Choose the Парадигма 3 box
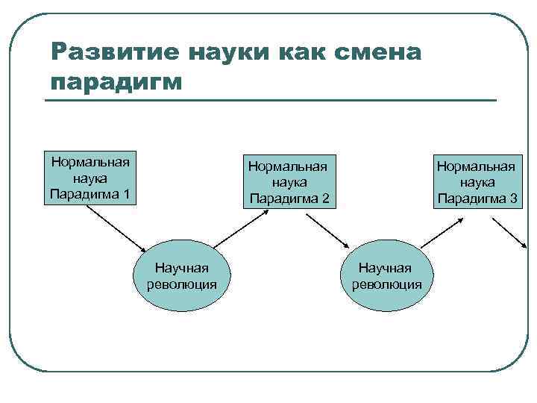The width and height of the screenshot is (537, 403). [477, 181]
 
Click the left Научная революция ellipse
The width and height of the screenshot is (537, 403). [181, 275]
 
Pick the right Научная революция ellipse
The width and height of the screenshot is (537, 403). [386, 275]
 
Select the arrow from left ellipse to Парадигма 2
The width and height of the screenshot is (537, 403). [240, 227]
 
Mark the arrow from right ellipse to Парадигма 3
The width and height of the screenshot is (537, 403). [443, 228]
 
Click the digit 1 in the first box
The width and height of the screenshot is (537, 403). [126, 195]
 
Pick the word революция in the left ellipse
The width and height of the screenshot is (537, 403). [181, 284]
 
